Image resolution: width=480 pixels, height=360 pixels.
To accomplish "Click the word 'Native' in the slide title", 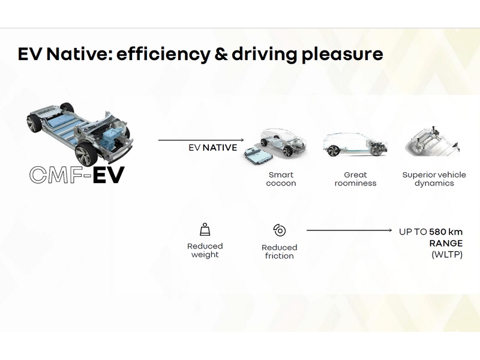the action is click(x=79, y=53).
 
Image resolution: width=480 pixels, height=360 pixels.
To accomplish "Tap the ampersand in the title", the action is click(x=221, y=53).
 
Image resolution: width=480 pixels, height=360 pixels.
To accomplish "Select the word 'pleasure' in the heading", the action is click(x=342, y=55).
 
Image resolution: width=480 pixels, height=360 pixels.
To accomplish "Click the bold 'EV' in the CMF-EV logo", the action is click(x=109, y=175).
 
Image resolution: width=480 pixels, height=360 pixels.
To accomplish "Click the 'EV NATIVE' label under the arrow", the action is click(x=213, y=148).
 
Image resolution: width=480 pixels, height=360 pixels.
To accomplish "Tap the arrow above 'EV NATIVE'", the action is click(x=201, y=140).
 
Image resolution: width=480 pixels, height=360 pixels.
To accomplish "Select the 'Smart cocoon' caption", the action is click(x=281, y=179).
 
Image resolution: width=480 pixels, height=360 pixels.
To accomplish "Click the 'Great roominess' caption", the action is click(x=355, y=179).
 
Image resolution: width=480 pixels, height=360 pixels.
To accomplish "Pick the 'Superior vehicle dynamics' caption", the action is click(x=434, y=179).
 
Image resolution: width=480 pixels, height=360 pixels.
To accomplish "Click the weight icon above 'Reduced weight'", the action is click(x=205, y=229).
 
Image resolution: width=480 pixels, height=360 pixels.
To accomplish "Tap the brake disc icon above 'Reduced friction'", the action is click(x=280, y=230).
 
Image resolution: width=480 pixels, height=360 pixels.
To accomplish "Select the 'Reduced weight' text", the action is click(x=205, y=250).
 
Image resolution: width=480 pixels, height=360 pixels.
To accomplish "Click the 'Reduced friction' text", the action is click(x=280, y=251).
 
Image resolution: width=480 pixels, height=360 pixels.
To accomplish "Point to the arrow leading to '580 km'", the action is click(x=349, y=230).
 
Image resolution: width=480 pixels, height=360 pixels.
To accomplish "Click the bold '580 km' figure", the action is click(x=446, y=232).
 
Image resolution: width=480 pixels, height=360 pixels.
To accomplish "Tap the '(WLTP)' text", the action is click(x=447, y=254).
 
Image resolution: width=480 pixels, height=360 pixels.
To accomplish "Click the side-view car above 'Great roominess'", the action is click(x=355, y=145).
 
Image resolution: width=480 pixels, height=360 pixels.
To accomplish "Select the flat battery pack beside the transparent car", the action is click(x=259, y=154).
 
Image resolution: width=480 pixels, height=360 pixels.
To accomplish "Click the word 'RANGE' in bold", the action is click(x=446, y=244).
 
